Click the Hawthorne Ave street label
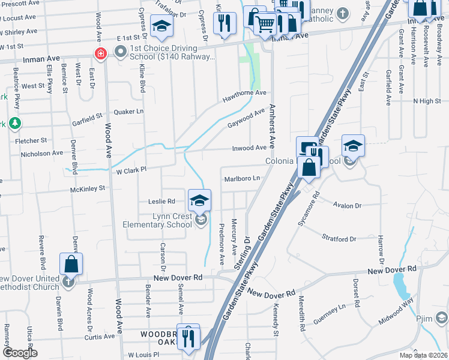[x=244, y=94]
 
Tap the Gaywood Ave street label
[x=246, y=118]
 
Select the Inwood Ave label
[x=249, y=148]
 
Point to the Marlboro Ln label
[x=243, y=178]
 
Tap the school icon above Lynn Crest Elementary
[x=200, y=200]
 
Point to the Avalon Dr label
[x=350, y=206]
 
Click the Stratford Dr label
[x=339, y=239]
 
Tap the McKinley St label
[x=88, y=188]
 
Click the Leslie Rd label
[x=162, y=201]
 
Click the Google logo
[x=20, y=353]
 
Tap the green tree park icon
[x=15, y=124]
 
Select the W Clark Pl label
[x=131, y=169]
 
